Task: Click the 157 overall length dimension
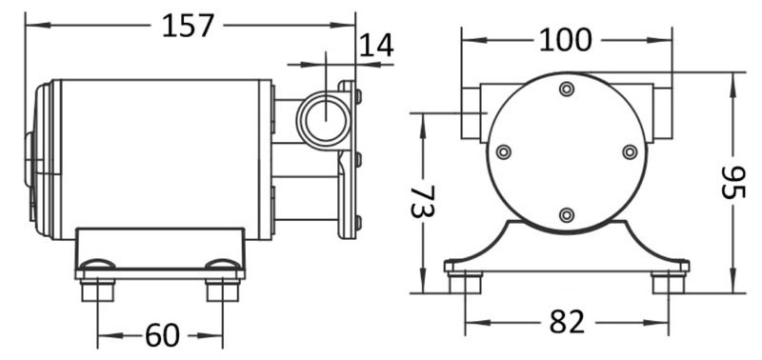pos(188,26)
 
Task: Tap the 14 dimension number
pos(375,46)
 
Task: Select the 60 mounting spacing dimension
pos(162,335)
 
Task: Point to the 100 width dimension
pos(566,40)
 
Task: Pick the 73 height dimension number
pos(423,201)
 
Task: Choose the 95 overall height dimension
pos(732,183)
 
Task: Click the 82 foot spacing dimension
pos(567,322)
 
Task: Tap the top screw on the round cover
pos(567,89)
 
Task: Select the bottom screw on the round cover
pos(567,214)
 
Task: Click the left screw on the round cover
pos(504,152)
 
